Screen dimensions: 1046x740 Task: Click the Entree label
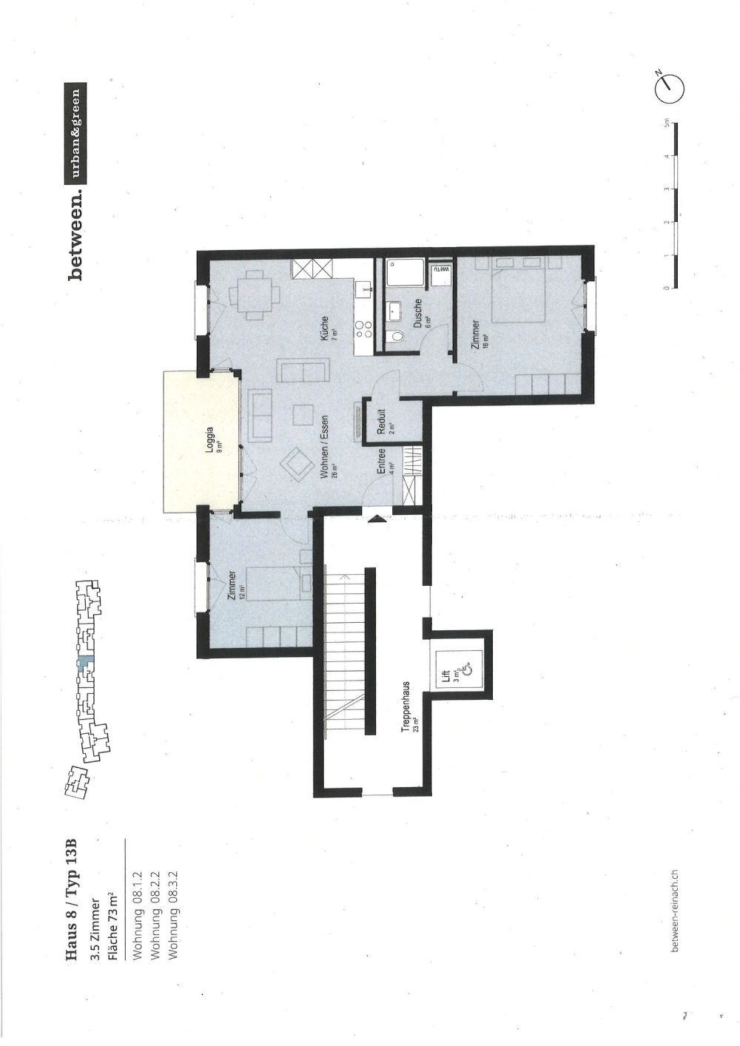pyautogui.click(x=382, y=463)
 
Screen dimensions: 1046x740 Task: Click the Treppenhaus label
pyautogui.click(x=406, y=706)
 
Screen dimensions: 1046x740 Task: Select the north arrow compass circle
pyautogui.click(x=670, y=87)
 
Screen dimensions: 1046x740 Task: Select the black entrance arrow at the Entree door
pyautogui.click(x=377, y=519)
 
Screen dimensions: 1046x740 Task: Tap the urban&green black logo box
pyautogui.click(x=75, y=135)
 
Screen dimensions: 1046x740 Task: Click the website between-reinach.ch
pyautogui.click(x=672, y=911)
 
